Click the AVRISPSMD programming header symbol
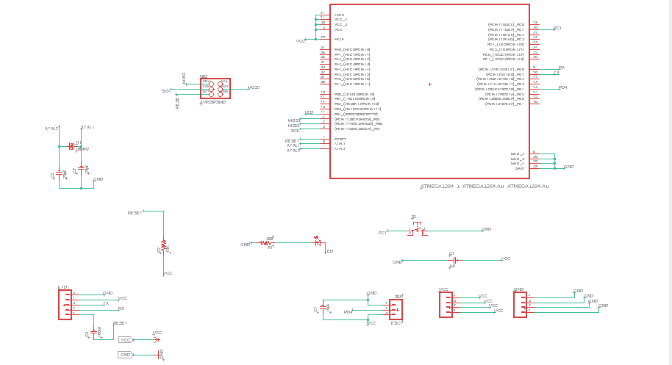[215, 88]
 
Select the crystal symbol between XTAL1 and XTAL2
[72, 145]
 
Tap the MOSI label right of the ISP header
[254, 88]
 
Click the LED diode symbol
[317, 242]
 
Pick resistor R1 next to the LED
[269, 242]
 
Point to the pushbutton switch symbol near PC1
[418, 230]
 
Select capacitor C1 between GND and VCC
[454, 259]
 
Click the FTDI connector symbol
[65, 304]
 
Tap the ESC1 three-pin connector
[396, 309]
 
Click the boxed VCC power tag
[126, 340]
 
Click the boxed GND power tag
[125, 355]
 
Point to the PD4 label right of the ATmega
[562, 87]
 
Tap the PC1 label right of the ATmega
[557, 28]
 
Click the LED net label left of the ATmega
[309, 112]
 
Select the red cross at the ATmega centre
[429, 84]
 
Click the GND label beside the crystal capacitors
[99, 179]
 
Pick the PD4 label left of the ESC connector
[348, 312]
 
